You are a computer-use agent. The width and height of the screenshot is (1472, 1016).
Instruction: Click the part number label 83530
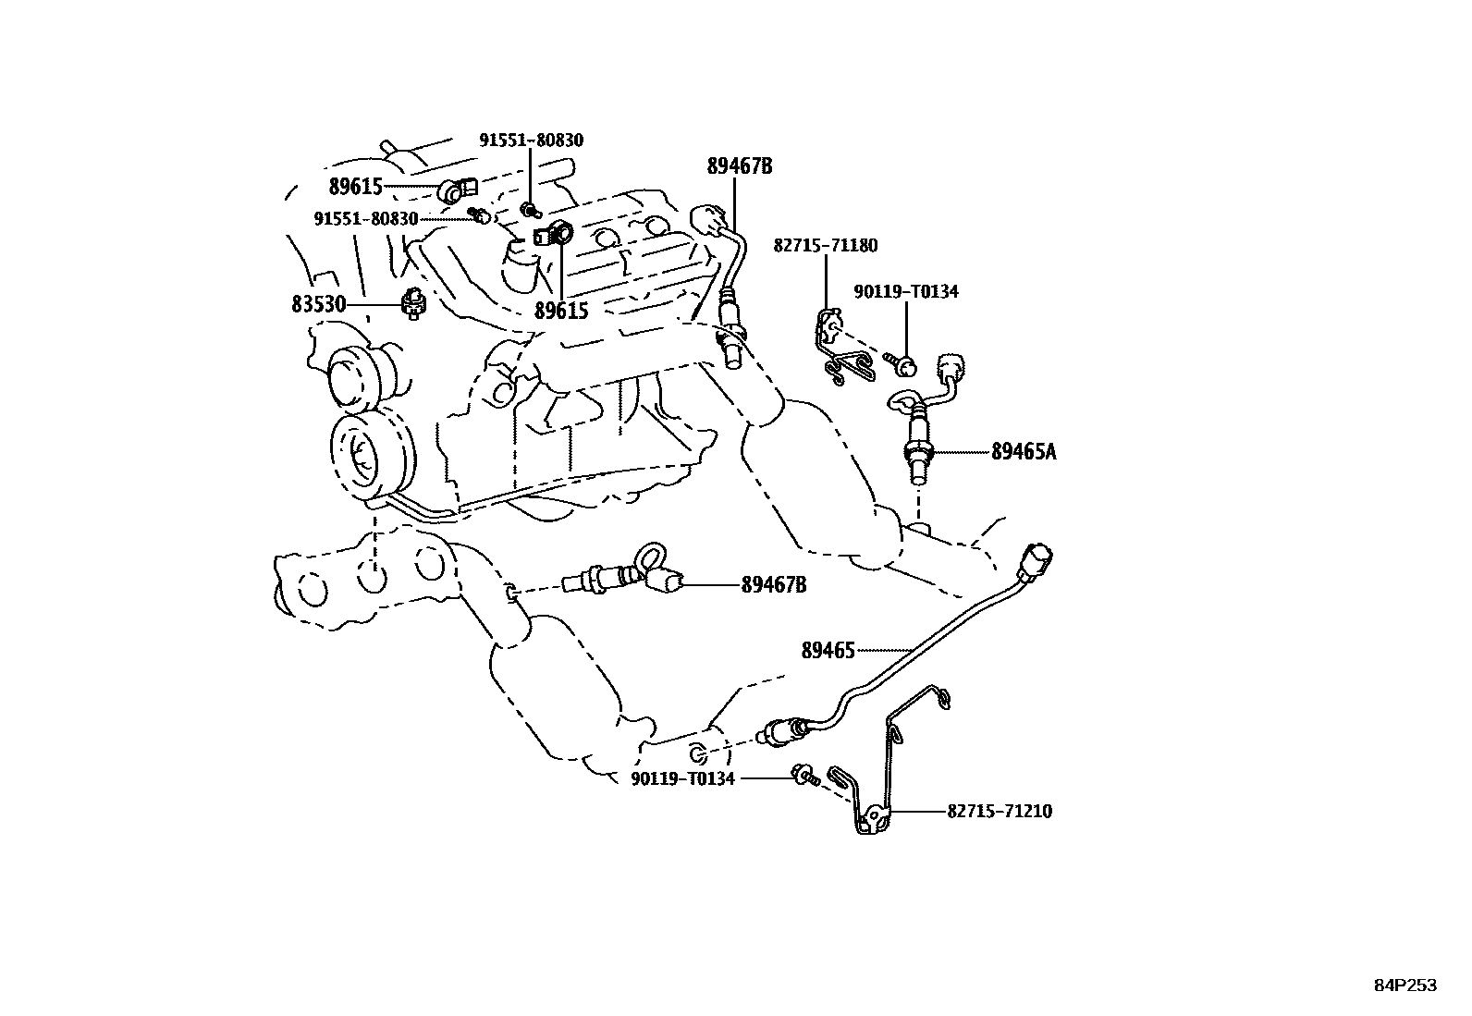coord(318,304)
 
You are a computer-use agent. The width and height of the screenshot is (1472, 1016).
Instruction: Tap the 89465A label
coord(1023,452)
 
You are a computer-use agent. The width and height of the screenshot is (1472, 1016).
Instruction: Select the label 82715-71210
coord(1000,812)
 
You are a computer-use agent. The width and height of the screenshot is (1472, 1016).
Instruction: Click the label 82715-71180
coord(826,246)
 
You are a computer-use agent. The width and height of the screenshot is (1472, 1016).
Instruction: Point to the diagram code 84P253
coord(1405,986)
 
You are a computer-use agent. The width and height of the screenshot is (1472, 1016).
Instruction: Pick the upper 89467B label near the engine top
coord(740,166)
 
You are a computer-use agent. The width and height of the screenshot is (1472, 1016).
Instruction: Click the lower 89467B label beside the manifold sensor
coord(773,585)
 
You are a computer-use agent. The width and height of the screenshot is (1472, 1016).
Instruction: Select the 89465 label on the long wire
coord(828,651)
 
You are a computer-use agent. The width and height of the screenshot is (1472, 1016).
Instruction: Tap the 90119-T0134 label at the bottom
coord(682,779)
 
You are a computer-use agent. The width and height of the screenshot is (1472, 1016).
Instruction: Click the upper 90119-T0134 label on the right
coord(905,292)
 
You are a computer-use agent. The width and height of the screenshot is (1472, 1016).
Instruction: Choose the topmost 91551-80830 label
coord(531,141)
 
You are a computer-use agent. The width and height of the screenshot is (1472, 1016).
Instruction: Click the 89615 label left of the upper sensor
coord(356,187)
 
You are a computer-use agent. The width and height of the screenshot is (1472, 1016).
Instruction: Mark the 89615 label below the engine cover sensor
coord(561,311)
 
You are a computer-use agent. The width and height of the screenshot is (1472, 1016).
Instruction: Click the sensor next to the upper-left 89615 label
coord(457,190)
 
